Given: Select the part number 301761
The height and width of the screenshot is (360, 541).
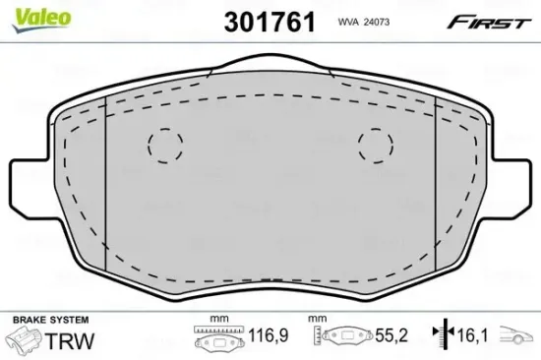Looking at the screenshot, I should tap(270, 22).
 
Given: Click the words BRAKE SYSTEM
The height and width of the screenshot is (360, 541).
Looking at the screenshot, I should tap(48, 320).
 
